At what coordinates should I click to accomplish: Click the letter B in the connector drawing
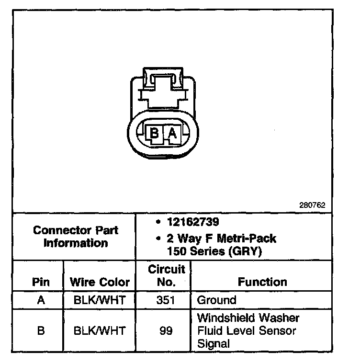[155, 133]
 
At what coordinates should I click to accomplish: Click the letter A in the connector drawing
[172, 133]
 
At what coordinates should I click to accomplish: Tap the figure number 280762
[313, 205]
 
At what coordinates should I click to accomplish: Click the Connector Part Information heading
[76, 237]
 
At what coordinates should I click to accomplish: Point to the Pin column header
[41, 282]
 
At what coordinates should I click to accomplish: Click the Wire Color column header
[100, 282]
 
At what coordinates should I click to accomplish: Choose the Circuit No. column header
[166, 276]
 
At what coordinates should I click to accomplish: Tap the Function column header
[262, 282]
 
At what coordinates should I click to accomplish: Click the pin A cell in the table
[41, 301]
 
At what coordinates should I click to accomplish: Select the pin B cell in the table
[41, 330]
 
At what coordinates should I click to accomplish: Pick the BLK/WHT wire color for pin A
[100, 301]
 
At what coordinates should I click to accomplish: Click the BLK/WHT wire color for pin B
[100, 330]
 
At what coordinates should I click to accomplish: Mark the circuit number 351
[166, 301]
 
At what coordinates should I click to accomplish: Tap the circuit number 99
[166, 330]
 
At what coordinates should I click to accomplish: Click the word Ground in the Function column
[217, 301]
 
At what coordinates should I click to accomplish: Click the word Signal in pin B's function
[214, 343]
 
